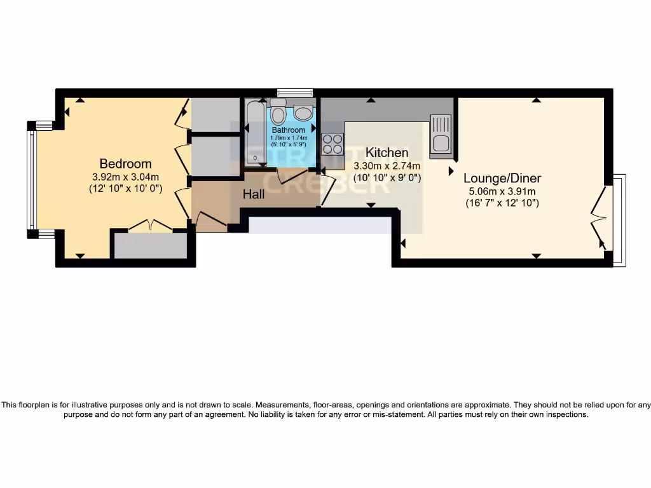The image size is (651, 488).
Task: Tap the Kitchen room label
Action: pyautogui.click(x=387, y=152)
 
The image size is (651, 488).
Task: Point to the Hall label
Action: pyautogui.click(x=254, y=194)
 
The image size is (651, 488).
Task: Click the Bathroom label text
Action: pyautogui.click(x=289, y=130)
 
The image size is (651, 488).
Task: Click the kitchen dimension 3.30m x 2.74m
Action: pyautogui.click(x=387, y=166)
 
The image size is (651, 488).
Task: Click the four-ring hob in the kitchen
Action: pyautogui.click(x=332, y=144)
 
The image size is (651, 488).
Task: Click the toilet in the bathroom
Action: pyautogui.click(x=278, y=113)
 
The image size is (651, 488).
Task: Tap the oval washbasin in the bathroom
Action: pyautogui.click(x=303, y=113)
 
